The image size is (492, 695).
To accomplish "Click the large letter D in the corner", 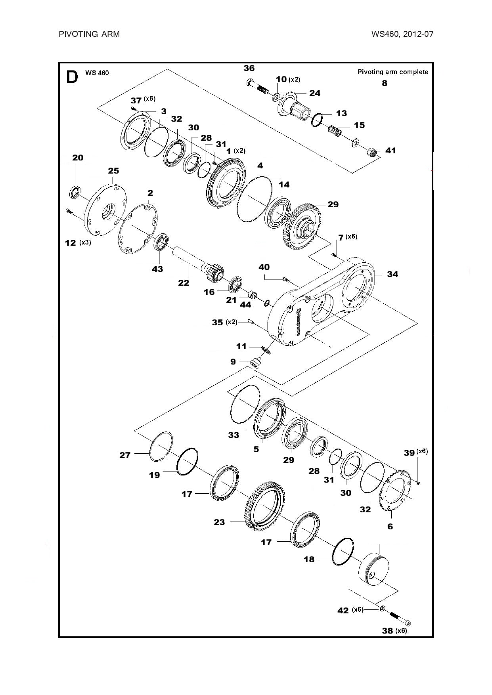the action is tap(72, 77).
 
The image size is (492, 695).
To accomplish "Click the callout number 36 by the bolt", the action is tap(249, 68).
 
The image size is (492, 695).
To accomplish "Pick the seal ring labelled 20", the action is tap(74, 192).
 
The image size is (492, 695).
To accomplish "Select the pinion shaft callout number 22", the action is tap(184, 283).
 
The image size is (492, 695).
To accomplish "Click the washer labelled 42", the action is tap(382, 608).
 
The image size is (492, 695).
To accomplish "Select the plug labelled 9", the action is tap(256, 362).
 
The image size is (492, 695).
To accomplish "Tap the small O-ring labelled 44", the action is tap(267, 304).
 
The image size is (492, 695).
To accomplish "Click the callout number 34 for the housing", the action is tap(392, 274).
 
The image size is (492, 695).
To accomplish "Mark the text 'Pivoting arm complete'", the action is tap(393, 72).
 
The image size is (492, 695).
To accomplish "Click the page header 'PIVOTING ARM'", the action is tap(89, 34).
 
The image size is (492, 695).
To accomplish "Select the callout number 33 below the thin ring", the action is tap(234, 435).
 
